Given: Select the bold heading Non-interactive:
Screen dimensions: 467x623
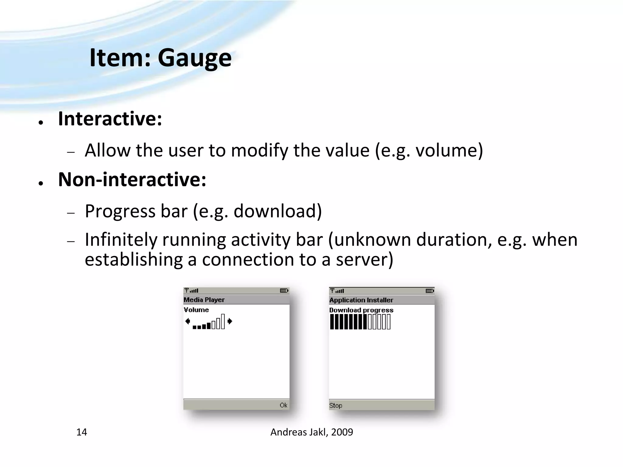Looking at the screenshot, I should point(132,179).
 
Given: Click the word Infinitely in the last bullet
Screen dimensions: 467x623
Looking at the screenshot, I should point(121,240).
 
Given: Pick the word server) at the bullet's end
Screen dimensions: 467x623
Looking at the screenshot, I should point(364,260).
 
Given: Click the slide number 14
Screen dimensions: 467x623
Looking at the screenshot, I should point(82,432).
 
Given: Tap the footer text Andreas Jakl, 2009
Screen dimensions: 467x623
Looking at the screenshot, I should point(311,432).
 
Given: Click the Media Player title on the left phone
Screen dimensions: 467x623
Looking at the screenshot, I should point(204,300).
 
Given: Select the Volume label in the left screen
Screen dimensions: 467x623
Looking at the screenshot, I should point(196,310).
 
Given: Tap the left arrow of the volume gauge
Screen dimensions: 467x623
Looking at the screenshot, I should point(187,321).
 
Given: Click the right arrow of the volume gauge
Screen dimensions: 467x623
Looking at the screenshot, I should point(230,321).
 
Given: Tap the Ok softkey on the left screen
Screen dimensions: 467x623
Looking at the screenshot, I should point(283,405).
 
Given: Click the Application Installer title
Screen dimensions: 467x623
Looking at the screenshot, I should point(361,300).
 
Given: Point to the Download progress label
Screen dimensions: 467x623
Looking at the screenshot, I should point(361,310).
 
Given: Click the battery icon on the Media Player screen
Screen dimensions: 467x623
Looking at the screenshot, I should point(284,291).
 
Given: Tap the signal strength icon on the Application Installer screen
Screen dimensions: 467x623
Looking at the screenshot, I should point(337,291).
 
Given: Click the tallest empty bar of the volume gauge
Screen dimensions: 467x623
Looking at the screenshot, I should point(223,321).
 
